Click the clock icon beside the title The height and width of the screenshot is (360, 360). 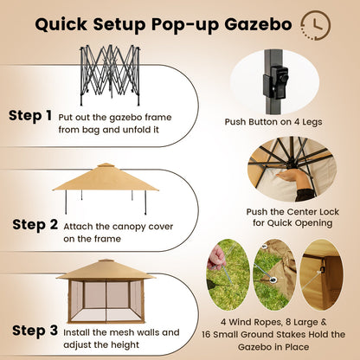tap(313, 23)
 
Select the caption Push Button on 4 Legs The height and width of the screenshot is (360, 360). tap(285, 122)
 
